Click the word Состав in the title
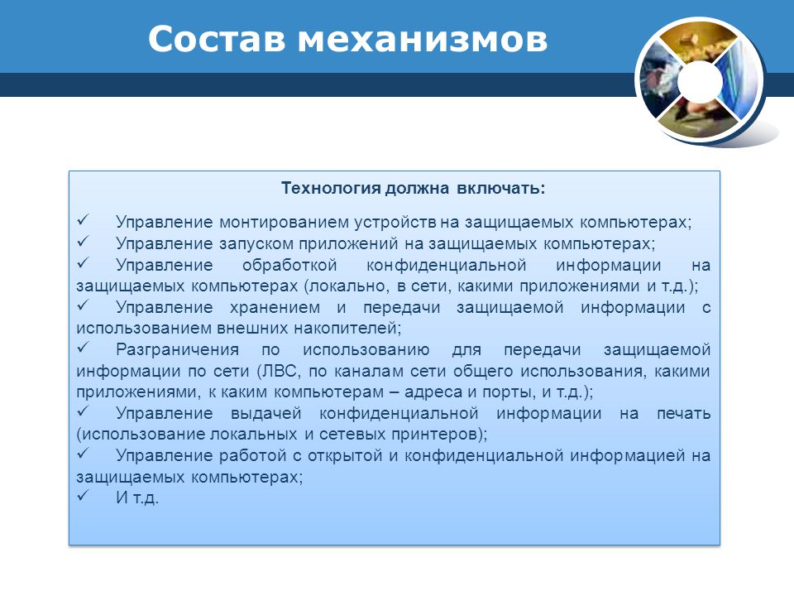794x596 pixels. click(217, 39)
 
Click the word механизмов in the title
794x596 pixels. click(423, 39)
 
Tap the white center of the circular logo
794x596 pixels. click(700, 81)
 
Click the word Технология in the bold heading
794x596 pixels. click(331, 188)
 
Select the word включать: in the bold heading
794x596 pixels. click(501, 188)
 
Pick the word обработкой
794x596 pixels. click(289, 265)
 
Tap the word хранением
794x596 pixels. click(275, 307)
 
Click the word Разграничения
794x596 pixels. click(177, 349)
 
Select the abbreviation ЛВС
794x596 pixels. click(277, 371)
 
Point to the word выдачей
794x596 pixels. click(265, 413)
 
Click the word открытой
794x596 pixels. click(345, 455)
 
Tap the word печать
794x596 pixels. click(684, 414)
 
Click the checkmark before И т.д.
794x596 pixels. click(83, 495)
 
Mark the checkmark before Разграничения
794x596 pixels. click(83, 347)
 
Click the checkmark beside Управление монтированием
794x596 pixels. click(83, 219)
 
